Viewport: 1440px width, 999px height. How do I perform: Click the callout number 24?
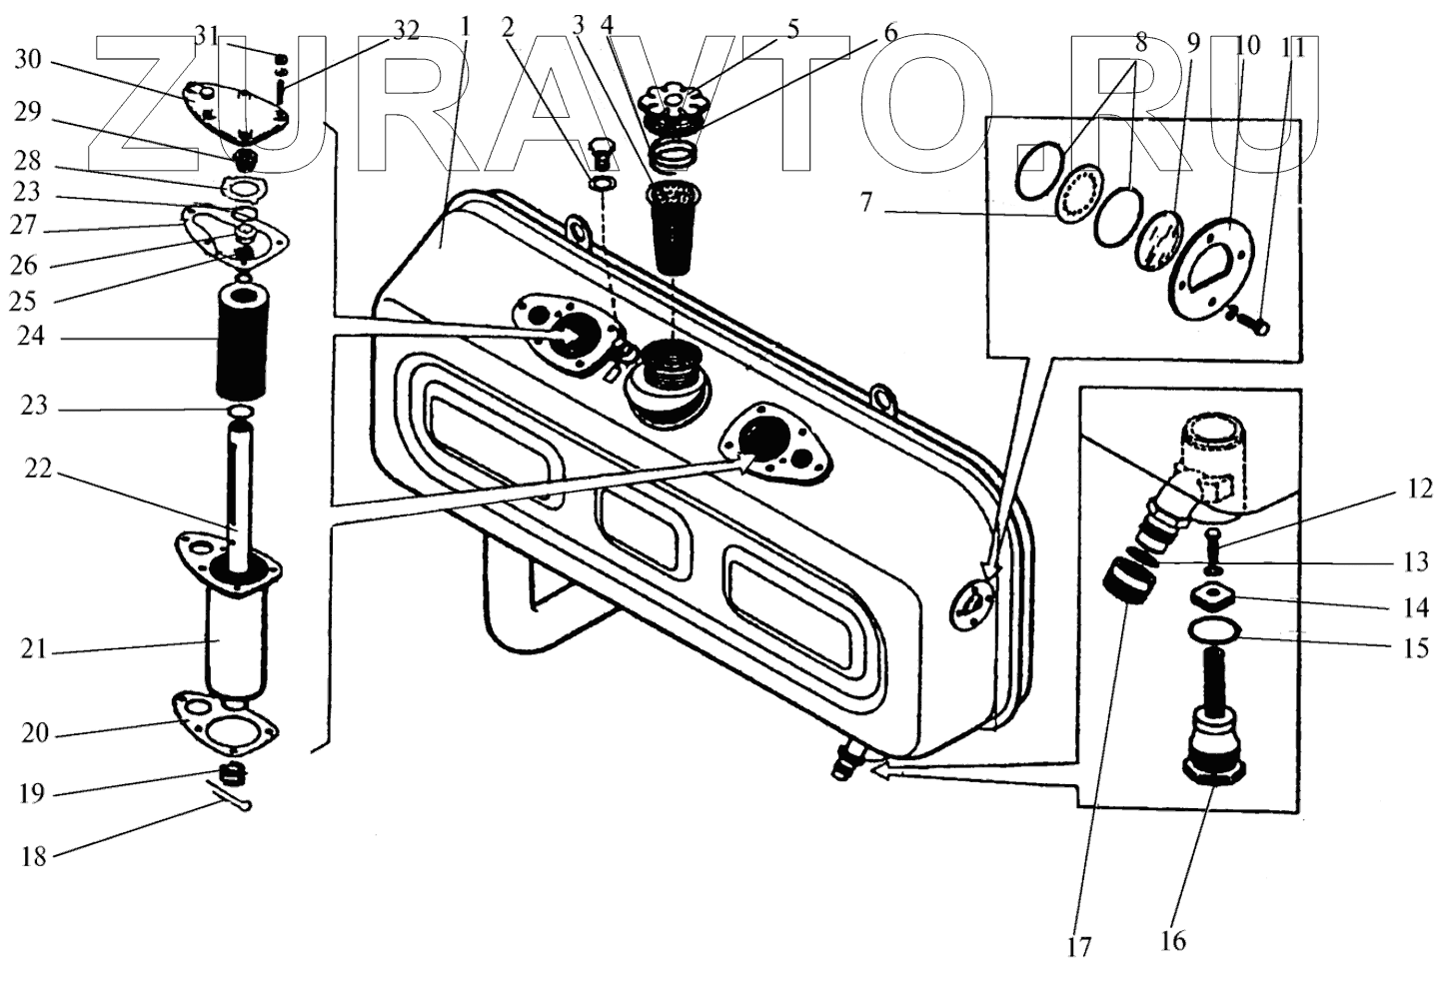pos(32,338)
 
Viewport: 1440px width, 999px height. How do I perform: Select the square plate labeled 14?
pos(1212,600)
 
